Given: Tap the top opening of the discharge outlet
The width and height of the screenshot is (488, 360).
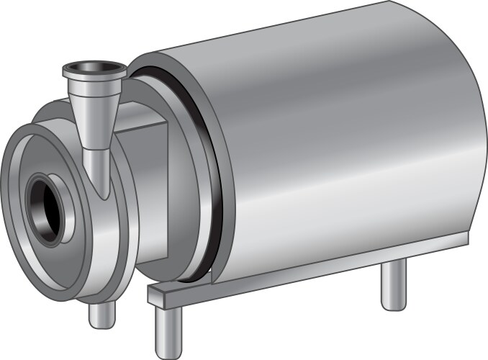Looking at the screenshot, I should point(95,70).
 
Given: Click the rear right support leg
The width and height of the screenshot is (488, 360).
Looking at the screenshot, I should point(392,284).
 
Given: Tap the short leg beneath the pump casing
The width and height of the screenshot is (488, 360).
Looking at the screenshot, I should point(101,314).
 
